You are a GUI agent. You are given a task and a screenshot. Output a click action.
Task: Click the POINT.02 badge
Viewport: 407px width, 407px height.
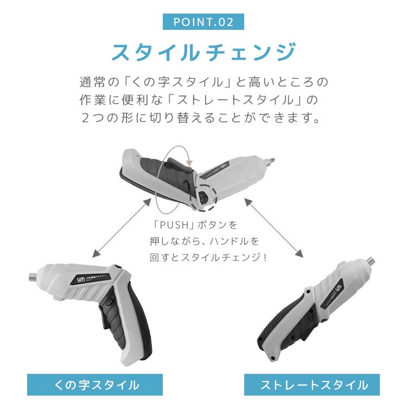[203, 22]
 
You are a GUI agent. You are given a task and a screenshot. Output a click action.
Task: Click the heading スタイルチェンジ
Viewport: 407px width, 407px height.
[203, 53]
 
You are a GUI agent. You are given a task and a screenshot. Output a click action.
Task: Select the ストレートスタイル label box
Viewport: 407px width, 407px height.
[314, 385]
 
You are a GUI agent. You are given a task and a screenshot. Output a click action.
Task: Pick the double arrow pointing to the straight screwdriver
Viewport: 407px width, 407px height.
[274, 228]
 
